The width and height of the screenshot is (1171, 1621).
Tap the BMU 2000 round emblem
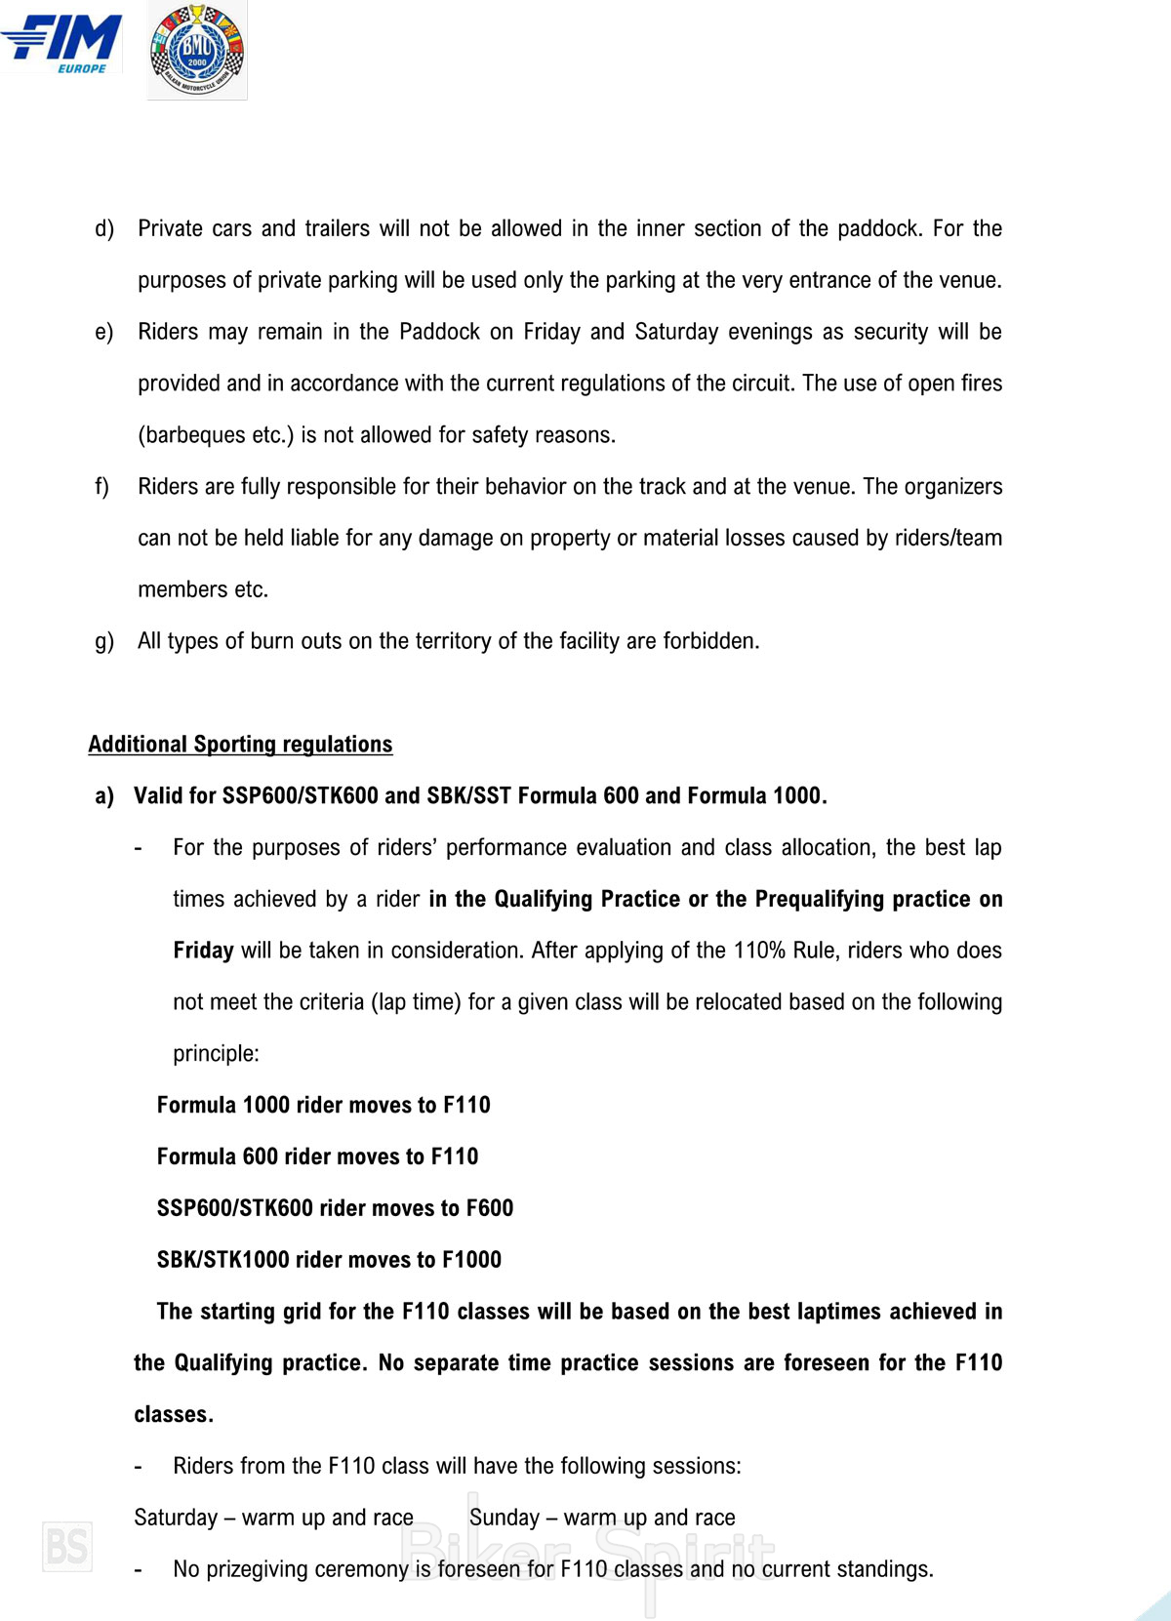point(196,51)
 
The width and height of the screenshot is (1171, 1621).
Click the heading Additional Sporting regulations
point(240,744)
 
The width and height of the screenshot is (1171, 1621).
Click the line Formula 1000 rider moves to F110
point(323,1105)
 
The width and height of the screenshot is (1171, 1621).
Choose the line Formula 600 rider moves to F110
point(317,1156)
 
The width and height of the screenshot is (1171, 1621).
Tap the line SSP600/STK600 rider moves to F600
point(335,1208)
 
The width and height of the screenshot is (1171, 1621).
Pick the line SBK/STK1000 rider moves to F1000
point(329,1260)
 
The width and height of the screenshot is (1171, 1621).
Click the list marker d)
point(104,228)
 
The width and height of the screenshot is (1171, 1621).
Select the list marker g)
point(104,641)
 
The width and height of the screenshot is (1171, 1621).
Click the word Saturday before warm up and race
point(176,1518)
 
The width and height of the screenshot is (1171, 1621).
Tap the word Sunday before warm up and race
point(504,1518)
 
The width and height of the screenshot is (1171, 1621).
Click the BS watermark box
point(67,1547)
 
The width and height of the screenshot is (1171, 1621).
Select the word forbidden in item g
point(710,641)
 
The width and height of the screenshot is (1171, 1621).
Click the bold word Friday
point(203,951)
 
